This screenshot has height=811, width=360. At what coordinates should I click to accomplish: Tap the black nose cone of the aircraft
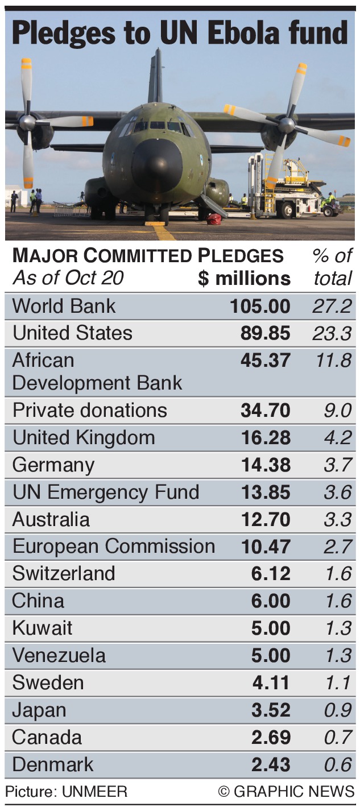156,165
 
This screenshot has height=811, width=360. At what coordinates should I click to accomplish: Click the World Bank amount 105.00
260,306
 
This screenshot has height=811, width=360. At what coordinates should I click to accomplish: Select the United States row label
72,333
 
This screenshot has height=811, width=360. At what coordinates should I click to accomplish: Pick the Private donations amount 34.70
265,410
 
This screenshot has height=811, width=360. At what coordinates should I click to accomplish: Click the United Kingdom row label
84,437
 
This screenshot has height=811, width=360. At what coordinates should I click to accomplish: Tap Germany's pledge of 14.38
265,465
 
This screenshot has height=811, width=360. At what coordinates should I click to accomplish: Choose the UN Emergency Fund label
106,492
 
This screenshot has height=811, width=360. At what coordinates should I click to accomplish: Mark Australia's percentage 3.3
338,519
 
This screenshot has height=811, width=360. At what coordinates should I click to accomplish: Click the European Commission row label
114,546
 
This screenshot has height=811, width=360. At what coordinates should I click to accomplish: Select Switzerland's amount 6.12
271,573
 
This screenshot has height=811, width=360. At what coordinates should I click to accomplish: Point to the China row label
38,601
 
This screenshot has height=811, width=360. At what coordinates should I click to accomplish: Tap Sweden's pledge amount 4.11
271,682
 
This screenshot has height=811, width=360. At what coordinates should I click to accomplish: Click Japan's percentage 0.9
338,710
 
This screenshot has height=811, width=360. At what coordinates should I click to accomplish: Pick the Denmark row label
53,764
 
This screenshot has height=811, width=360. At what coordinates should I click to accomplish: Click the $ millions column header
244,278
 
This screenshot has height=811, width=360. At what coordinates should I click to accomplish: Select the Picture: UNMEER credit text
67,792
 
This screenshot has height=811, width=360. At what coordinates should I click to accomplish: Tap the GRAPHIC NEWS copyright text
286,792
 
